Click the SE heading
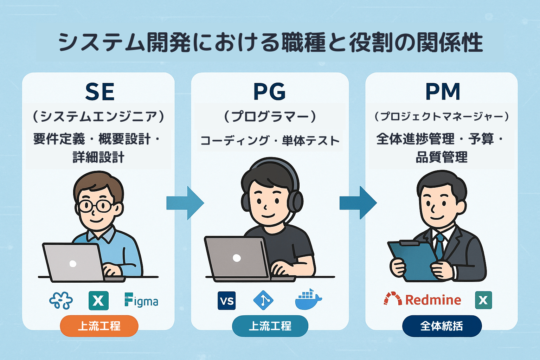(x=100, y=92)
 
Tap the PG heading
(x=270, y=92)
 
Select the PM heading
(x=443, y=92)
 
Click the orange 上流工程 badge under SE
(x=99, y=326)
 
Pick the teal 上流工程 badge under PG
(x=270, y=326)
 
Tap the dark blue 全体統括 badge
(x=442, y=326)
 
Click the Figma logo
(x=141, y=300)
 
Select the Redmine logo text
(x=433, y=300)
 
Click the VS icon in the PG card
(x=227, y=301)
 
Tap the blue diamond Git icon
(x=263, y=300)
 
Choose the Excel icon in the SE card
(x=98, y=301)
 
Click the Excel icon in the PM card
(x=484, y=300)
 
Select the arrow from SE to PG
(x=185, y=203)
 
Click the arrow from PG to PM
(x=358, y=203)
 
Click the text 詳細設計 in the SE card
(x=98, y=157)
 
